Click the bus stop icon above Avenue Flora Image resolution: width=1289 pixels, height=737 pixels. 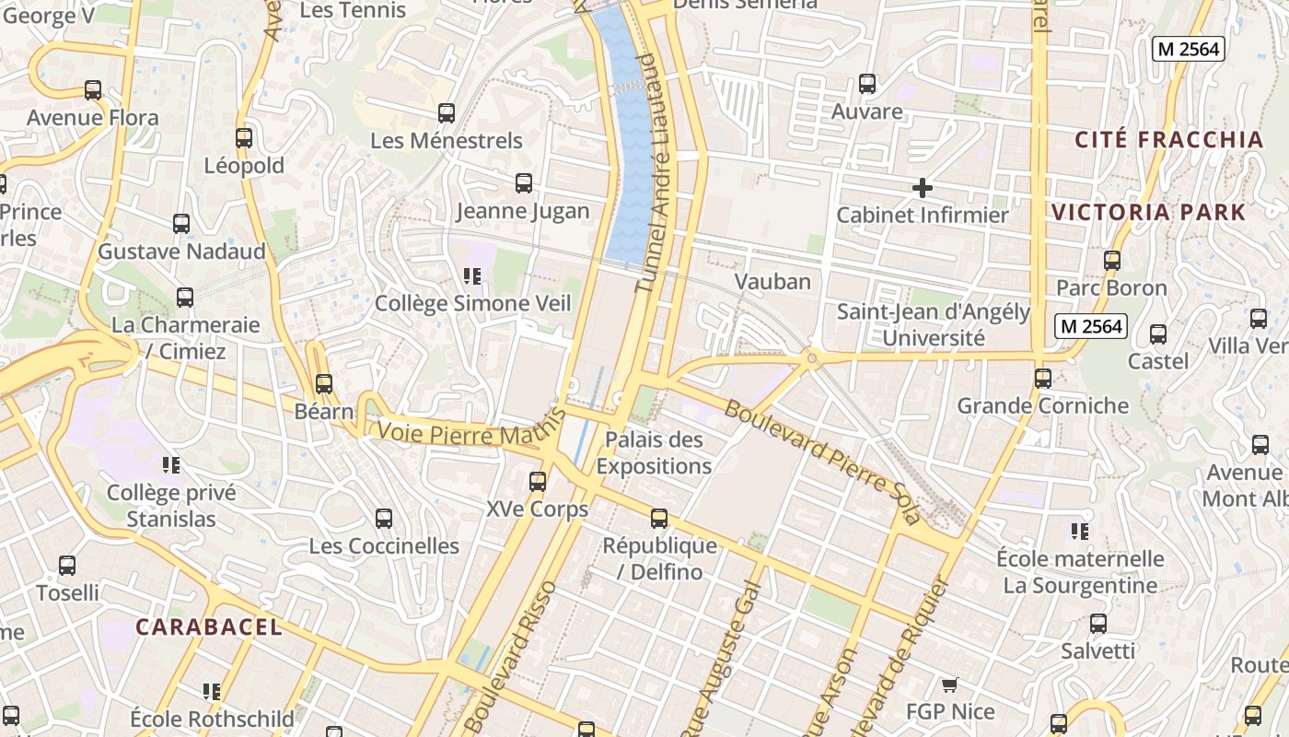93,90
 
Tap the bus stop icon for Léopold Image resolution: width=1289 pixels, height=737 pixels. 244,138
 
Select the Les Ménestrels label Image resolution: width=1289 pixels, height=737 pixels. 447,141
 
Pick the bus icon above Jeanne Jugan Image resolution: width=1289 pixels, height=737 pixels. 524,183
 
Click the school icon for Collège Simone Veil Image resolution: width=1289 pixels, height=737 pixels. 472,276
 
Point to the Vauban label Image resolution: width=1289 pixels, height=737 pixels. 772,282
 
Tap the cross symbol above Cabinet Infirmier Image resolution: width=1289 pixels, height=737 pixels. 922,189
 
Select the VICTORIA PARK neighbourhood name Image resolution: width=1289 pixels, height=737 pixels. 1148,212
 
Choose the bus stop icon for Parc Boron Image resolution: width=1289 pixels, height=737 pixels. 1112,261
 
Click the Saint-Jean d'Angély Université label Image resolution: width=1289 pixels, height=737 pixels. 933,325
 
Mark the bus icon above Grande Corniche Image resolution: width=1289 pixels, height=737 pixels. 1043,379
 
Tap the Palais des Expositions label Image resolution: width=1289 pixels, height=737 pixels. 654,452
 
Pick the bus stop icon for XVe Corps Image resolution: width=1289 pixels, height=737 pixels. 538,482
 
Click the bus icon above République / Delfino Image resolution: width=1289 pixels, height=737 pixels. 659,519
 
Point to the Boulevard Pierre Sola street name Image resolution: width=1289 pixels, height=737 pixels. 822,462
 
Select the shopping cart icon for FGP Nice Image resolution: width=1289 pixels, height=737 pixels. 950,684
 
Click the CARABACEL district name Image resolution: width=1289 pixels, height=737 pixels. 209,627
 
